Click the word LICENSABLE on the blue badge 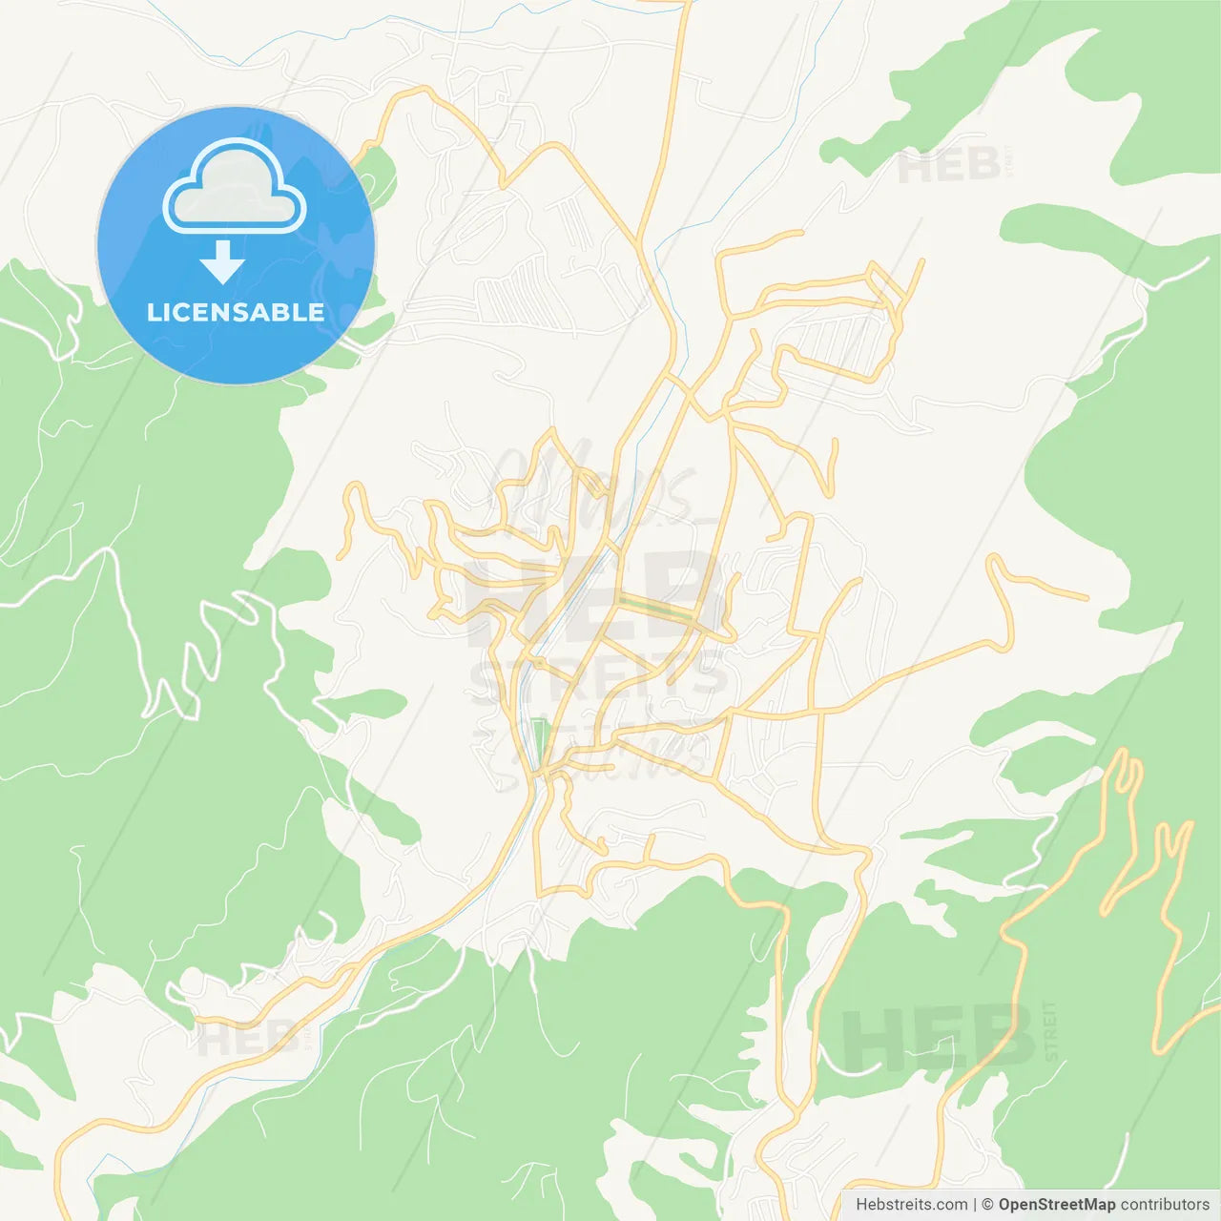tap(235, 313)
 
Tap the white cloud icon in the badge tap(234, 188)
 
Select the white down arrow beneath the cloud tap(222, 261)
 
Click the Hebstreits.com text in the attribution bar tap(911, 1205)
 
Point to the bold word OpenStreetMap tap(1056, 1205)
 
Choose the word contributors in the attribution tap(1165, 1205)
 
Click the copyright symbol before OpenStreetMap tap(987, 1205)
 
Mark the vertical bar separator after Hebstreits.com tap(975, 1205)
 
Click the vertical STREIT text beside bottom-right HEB tap(1050, 1031)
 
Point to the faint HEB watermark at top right tap(948, 167)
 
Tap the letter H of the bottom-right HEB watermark tap(874, 1038)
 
